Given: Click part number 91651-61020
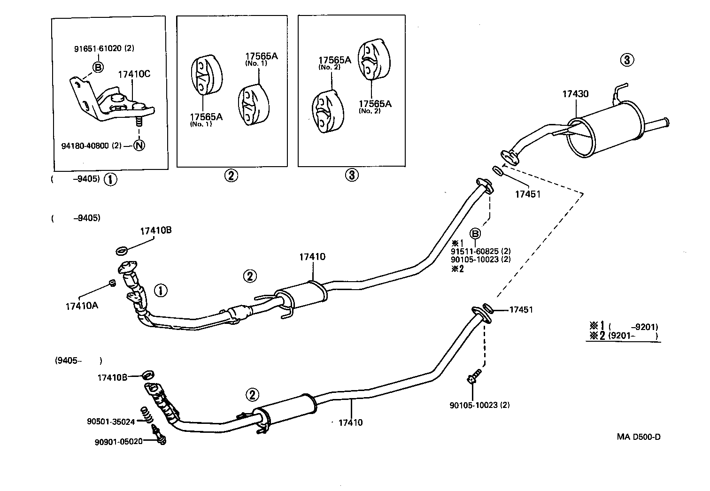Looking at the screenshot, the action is tap(98, 48).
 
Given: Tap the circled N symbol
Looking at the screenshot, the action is tap(139, 146).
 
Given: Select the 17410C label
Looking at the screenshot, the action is tap(134, 74).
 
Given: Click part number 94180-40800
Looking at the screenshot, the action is tap(85, 146).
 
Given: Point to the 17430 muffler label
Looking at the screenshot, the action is tap(575, 94).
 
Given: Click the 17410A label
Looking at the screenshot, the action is tap(82, 306).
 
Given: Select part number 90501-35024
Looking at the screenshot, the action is tap(111, 422).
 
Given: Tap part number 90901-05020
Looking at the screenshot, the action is tap(118, 442).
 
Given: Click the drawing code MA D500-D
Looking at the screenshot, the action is tap(639, 437).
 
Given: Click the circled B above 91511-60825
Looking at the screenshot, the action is tap(475, 234).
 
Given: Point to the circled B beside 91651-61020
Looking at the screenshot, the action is tap(98, 67).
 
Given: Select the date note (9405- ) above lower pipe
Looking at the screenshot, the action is tap(78, 361).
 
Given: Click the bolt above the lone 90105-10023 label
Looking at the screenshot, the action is tap(474, 376).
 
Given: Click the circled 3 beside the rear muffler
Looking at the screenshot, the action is tap(627, 60).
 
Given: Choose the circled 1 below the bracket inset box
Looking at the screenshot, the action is tap(111, 180).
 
